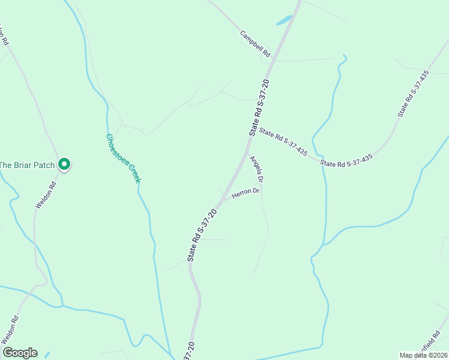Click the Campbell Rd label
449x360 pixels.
coord(256,44)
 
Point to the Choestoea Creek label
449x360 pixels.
coord(123,158)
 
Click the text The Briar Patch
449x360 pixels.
coord(27,165)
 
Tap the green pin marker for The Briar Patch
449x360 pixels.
coord(64,164)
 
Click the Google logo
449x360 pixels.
coord(20,353)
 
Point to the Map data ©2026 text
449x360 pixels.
coord(424,355)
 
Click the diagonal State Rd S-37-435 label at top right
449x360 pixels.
coord(414,94)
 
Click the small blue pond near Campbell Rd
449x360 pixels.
coord(283,20)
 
